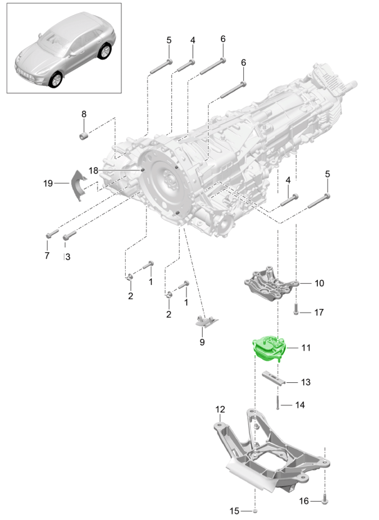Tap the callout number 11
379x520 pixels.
tap(306, 347)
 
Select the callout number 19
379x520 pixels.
tap(48, 183)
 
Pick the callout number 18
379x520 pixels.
tap(93, 170)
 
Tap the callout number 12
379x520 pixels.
tap(220, 410)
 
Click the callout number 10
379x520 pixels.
tap(319, 283)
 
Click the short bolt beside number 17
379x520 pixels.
tap(296, 309)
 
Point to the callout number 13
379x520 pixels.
tap(306, 382)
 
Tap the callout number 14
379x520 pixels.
tap(300, 405)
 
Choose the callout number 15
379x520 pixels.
tap(234, 511)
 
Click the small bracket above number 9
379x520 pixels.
tap(205, 321)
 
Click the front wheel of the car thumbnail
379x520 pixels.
tap(56, 80)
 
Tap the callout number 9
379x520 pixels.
tap(202, 342)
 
